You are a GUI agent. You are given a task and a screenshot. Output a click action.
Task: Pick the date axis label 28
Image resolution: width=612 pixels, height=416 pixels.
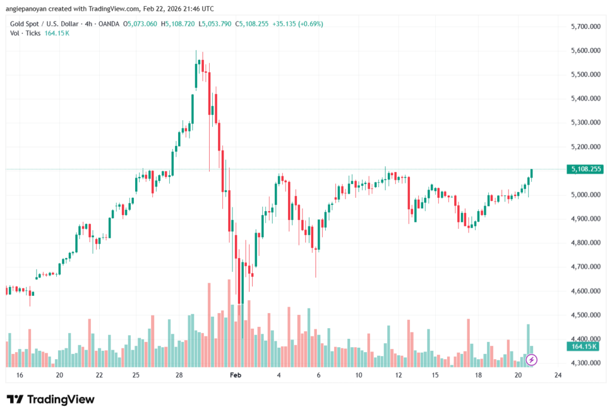pos(179,375)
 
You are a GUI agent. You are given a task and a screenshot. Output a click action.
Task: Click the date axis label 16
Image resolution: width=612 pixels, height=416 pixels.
pos(20,375)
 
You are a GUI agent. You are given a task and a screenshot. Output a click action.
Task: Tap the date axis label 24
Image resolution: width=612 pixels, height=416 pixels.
pos(558,375)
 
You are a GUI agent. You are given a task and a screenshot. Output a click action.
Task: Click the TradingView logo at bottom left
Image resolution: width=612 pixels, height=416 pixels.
pos(50,399)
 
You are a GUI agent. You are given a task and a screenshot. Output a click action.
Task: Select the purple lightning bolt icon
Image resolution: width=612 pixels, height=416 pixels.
pos(532,360)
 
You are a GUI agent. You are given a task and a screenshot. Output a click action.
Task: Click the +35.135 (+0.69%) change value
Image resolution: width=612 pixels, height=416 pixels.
pos(298,24)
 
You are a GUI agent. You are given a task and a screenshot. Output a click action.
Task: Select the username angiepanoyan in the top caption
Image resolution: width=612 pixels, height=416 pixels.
pos(28,8)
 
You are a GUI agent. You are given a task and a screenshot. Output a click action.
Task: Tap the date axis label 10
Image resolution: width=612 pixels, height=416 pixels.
pos(359,375)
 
